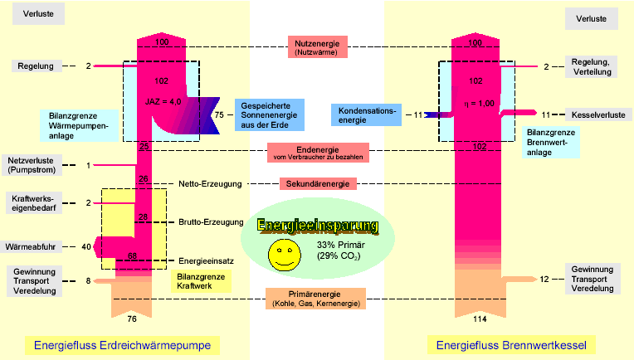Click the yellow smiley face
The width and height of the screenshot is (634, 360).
pyautogui.click(x=284, y=255)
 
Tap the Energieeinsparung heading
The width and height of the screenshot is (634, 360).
pyautogui.click(x=318, y=226)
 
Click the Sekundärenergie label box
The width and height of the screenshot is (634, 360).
pyautogui.click(x=318, y=182)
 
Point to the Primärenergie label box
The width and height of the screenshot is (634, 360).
pyautogui.click(x=316, y=299)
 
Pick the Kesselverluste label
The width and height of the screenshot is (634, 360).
pyautogui.click(x=595, y=114)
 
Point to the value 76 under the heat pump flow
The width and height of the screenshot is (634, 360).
pyautogui.click(x=132, y=319)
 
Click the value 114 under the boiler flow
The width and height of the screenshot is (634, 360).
pyautogui.click(x=479, y=319)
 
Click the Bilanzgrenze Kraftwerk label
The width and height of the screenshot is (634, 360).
pyautogui.click(x=202, y=280)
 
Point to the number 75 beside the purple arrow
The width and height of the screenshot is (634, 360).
pyautogui.click(x=220, y=115)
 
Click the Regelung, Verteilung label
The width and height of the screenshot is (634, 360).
pyautogui.click(x=593, y=66)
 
